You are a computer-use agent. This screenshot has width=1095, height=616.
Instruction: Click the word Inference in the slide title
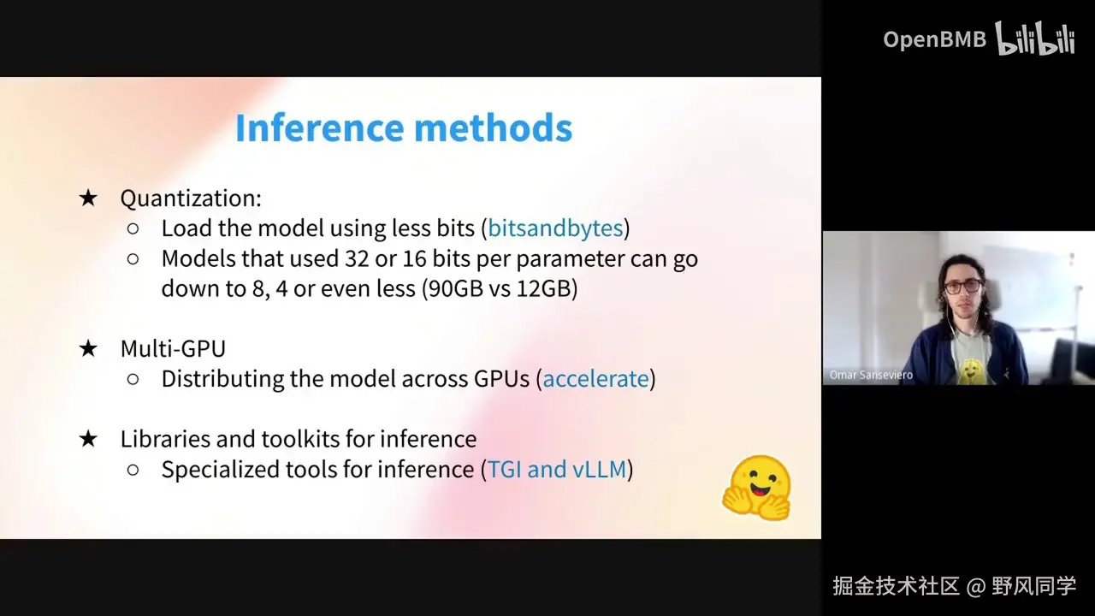320,127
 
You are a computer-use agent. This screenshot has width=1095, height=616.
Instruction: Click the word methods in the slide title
494,127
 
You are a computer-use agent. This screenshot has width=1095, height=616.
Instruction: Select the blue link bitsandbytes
555,228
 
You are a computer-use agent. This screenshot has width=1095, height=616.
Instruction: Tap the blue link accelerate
596,379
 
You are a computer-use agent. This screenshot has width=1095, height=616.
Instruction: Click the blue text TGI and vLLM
557,470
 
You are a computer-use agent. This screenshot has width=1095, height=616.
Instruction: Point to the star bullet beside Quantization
88,198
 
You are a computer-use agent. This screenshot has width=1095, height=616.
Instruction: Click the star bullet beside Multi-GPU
88,349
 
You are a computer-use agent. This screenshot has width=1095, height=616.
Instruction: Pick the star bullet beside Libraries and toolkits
88,439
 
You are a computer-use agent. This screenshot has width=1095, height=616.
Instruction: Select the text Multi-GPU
173,348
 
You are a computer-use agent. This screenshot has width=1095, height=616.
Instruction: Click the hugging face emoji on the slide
756,489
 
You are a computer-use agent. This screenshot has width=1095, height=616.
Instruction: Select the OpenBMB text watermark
935,39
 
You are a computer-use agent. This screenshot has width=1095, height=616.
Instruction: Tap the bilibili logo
1035,38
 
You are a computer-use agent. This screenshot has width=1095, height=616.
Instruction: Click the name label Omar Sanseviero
871,375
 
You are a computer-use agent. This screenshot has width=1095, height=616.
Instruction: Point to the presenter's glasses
962,287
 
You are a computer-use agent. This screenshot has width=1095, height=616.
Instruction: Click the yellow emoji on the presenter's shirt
970,371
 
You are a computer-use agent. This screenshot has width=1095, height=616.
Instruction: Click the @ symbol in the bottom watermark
976,586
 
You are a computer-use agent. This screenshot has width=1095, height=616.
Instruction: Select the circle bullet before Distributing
133,379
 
